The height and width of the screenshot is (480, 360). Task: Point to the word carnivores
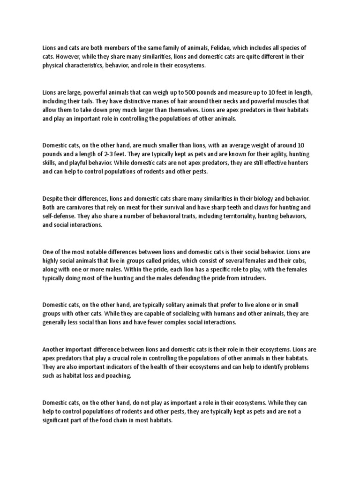(x=83, y=207)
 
